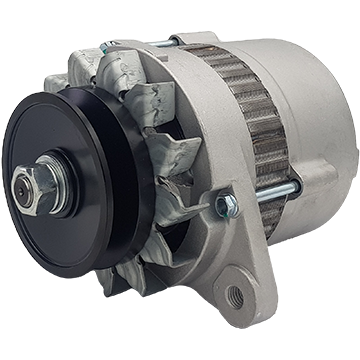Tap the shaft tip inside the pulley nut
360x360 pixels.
45,183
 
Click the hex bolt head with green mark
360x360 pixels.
226,206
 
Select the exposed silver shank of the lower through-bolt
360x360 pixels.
272,192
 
